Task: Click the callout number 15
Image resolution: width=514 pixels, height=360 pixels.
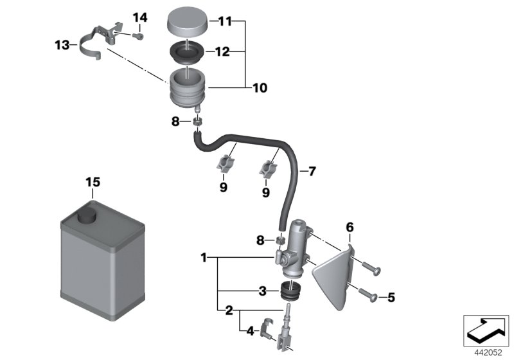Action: [93, 183]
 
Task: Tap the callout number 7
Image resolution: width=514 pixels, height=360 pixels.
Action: [312, 172]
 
